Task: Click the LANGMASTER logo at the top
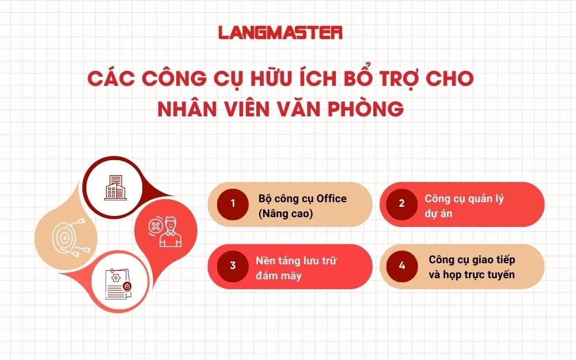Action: (281, 32)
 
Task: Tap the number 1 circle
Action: (233, 203)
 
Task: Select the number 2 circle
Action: (401, 203)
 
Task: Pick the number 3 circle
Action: (233, 266)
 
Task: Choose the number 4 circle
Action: (401, 266)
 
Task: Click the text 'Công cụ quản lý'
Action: (464, 199)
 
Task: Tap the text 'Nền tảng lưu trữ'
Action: (296, 260)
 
